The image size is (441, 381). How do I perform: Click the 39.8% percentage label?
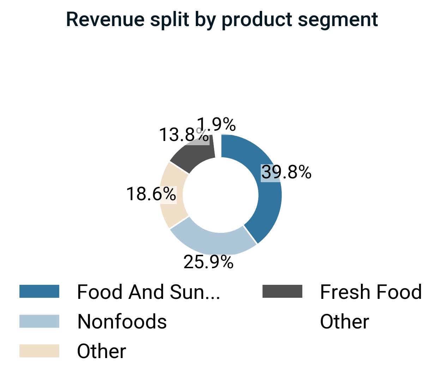click(286, 172)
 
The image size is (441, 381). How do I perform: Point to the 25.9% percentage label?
click(209, 262)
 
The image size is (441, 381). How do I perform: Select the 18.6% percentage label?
click(151, 194)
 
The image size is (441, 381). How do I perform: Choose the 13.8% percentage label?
click(183, 135)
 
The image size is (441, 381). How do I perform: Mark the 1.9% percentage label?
click(217, 124)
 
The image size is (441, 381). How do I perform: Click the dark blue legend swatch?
click(39, 291)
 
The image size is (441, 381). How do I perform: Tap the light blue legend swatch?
click(39, 321)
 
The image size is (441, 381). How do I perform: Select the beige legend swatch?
click(39, 351)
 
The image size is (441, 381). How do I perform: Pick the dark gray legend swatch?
click(282, 291)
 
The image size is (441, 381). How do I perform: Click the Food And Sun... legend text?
click(149, 292)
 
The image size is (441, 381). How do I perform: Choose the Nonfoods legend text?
click(122, 322)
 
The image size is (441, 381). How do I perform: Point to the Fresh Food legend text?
click(371, 292)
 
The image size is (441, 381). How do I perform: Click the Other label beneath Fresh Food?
click(344, 322)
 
